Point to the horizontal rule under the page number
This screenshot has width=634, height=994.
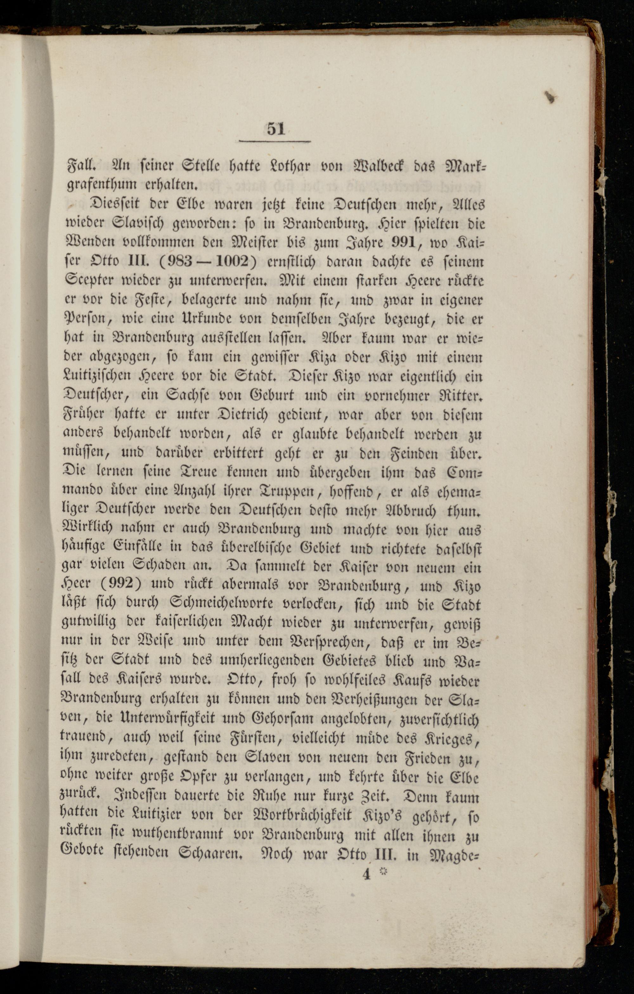[x=275, y=142]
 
